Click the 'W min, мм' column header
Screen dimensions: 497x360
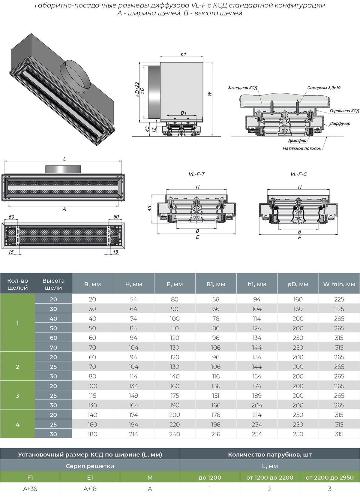point(339,284)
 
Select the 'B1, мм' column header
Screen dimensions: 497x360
point(216,284)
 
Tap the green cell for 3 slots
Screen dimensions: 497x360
point(17,395)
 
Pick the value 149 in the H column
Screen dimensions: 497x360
point(133,395)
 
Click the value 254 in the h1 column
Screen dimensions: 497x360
point(257,434)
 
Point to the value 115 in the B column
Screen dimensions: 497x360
point(92,395)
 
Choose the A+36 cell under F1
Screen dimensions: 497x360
point(30,489)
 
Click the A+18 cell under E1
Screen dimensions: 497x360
point(90,489)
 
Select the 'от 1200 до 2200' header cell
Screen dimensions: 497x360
point(270,477)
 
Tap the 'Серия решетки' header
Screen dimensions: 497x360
point(90,466)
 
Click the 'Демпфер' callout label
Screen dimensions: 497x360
point(297,140)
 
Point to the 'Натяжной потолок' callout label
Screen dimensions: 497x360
point(301,148)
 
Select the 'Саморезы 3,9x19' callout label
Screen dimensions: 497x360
point(324,88)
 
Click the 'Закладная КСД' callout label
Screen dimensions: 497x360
point(242,88)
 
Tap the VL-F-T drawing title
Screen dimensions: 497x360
point(197,174)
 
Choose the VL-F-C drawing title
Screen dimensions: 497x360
point(298,174)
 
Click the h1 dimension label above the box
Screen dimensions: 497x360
point(183,54)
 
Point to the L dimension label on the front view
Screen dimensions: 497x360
point(64,159)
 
